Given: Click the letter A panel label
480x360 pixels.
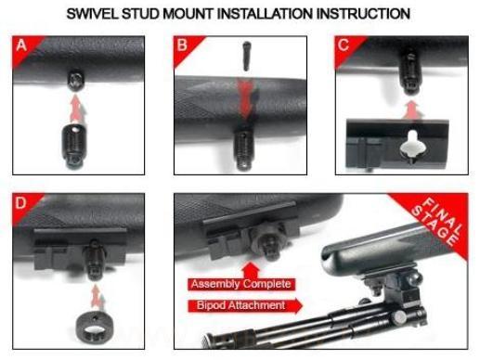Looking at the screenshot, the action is [x=21, y=45].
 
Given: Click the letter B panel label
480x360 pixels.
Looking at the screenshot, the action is [x=182, y=45].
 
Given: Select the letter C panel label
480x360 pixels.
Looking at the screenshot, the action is [x=344, y=45].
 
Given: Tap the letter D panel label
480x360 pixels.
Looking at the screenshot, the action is [x=20, y=203].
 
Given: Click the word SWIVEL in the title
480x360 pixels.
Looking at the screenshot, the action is [x=92, y=14].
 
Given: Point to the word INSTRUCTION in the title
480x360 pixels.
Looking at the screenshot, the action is [x=363, y=14].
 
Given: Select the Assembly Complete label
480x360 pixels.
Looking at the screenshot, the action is [x=241, y=284].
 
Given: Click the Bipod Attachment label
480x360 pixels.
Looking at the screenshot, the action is [x=241, y=305].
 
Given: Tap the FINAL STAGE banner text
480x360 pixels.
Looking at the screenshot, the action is [x=437, y=222].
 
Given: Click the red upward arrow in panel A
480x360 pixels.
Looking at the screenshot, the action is [x=75, y=109].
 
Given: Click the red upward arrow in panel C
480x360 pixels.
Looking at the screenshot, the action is [x=412, y=110].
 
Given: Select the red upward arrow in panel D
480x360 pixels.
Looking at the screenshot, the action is [x=97, y=298].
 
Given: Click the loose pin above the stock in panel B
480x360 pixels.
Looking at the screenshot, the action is [x=246, y=56].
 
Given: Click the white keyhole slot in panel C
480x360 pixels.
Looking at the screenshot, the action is [x=412, y=148].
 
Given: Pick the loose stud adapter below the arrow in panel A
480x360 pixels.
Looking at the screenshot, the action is [x=73, y=146].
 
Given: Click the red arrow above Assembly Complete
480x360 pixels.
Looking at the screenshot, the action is [x=251, y=270].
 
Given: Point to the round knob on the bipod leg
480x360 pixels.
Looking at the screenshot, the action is [x=399, y=315].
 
